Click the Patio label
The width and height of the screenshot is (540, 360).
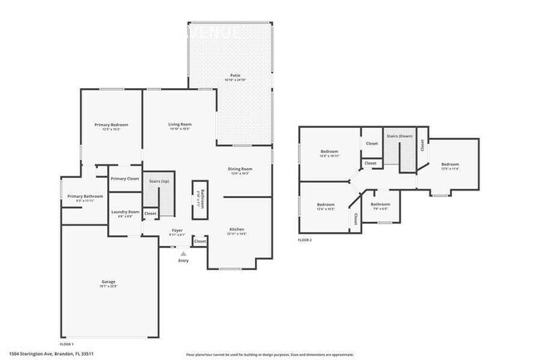235,76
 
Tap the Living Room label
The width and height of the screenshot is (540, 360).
180,125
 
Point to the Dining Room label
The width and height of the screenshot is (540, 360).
240,170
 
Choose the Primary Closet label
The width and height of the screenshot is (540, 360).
125,179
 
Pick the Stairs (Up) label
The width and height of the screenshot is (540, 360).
159,181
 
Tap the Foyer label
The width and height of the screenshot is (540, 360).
177,230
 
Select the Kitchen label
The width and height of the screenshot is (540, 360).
237,229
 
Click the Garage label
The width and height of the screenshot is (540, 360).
108,282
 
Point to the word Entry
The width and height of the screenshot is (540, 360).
183,261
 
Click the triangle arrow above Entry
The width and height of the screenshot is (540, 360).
184,253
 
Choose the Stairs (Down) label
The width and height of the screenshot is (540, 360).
400,136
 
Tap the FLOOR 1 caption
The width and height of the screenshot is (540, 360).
66,343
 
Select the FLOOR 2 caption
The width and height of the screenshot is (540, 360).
304,239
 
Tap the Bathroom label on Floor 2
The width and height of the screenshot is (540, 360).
380,204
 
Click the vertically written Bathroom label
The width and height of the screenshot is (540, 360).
199,198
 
